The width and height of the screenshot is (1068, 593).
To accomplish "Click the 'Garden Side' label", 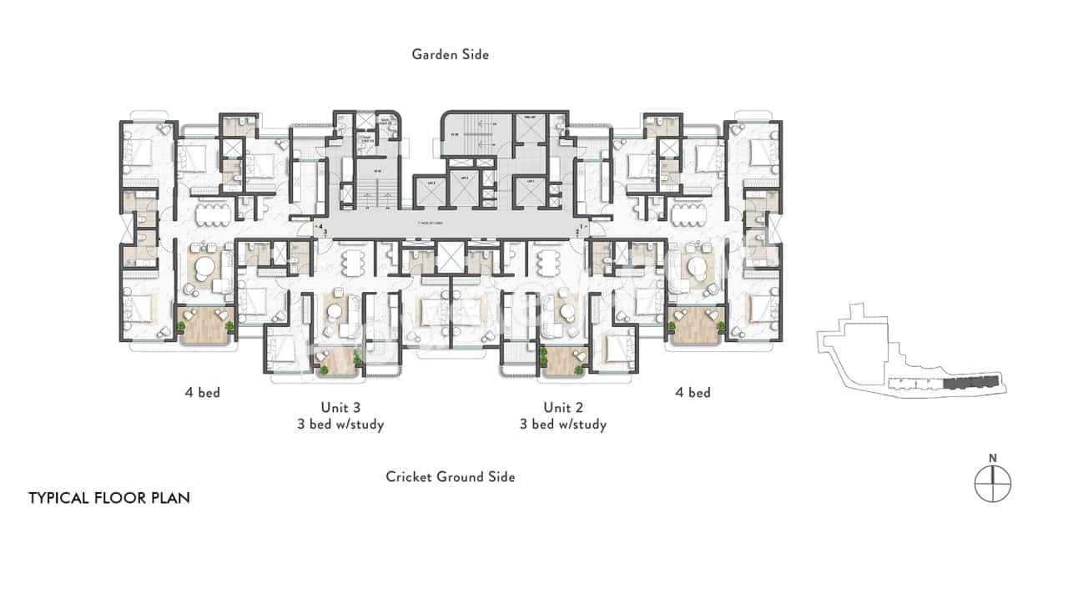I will [450, 54].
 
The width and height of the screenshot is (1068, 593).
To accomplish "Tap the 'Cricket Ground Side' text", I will [450, 477].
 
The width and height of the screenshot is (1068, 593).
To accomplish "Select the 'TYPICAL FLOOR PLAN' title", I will [109, 498].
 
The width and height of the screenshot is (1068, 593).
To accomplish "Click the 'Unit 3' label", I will [340, 408].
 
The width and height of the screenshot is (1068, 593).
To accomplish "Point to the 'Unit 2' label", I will [562, 408].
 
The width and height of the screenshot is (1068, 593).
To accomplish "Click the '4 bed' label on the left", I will [203, 392].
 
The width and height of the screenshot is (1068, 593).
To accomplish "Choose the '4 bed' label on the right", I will [693, 392].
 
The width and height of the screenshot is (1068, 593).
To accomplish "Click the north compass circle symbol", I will [992, 484].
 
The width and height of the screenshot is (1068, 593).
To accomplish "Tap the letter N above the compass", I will [992, 457].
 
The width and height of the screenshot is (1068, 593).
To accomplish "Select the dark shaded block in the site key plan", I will [971, 383].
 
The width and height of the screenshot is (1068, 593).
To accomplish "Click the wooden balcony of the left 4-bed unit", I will [204, 323].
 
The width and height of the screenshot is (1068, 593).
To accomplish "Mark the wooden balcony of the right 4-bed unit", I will [694, 323].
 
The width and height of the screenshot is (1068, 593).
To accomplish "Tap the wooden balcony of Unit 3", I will [339, 360].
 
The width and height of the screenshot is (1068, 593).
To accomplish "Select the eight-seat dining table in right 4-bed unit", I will [690, 214].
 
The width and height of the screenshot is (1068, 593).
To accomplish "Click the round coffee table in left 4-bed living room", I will [203, 269].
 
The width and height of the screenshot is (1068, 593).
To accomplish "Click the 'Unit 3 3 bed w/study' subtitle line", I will [340, 425].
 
